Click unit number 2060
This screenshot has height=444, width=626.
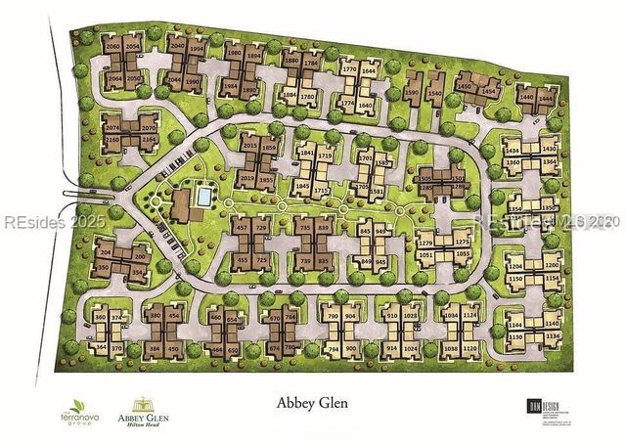(112, 47)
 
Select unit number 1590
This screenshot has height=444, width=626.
(411, 93)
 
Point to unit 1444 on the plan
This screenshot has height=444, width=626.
(547, 98)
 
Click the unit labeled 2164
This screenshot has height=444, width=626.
(149, 140)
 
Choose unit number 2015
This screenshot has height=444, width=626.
(248, 147)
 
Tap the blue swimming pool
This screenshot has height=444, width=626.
(202, 197)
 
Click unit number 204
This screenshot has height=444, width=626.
(106, 252)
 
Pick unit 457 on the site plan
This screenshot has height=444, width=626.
(243, 228)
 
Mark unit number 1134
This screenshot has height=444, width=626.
(553, 336)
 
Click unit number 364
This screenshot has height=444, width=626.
(102, 348)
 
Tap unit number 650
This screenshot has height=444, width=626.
(233, 349)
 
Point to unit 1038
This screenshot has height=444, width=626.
(451, 348)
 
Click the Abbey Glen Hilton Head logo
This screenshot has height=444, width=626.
(144, 412)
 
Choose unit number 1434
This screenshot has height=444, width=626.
(513, 151)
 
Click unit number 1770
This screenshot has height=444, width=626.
(349, 70)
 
